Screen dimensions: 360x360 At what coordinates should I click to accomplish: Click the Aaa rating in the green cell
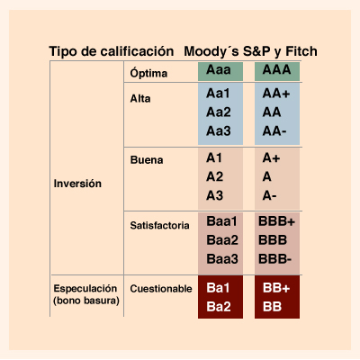(219, 70)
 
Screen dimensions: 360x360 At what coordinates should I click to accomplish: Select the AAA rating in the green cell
(276, 70)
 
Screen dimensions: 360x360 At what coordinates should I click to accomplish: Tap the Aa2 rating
(219, 112)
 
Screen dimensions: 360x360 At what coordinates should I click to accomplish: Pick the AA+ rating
(276, 94)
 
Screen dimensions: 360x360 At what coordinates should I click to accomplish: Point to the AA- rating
(274, 131)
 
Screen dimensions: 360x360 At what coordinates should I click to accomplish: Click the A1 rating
(214, 158)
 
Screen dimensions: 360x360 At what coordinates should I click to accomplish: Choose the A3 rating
(214, 195)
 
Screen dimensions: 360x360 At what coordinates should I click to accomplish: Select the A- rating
(269, 195)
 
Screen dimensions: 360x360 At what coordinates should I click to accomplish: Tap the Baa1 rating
(221, 221)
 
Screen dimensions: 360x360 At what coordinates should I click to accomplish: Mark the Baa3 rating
(222, 259)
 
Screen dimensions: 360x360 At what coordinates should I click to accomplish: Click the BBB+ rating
(276, 221)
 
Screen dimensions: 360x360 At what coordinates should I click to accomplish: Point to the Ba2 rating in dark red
(219, 307)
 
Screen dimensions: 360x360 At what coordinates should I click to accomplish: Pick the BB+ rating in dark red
(276, 288)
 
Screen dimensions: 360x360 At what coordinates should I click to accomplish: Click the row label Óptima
(148, 73)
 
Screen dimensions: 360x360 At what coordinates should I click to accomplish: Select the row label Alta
(140, 99)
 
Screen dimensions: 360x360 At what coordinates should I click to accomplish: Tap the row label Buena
(147, 160)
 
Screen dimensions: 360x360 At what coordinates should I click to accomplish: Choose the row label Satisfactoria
(159, 225)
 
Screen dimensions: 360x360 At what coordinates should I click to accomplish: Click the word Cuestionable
(161, 289)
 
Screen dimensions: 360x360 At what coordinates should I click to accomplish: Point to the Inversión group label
(77, 184)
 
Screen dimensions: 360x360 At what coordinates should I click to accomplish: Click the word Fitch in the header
(301, 51)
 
